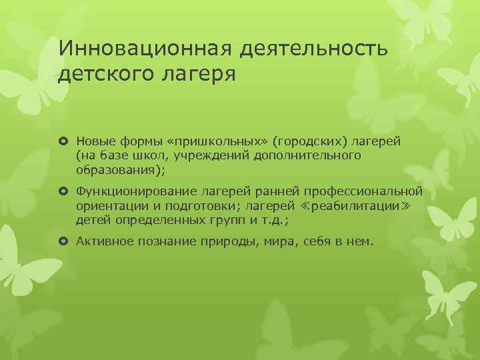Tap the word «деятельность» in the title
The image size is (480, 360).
pos(309,47)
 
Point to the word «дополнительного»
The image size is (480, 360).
pos(317,155)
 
